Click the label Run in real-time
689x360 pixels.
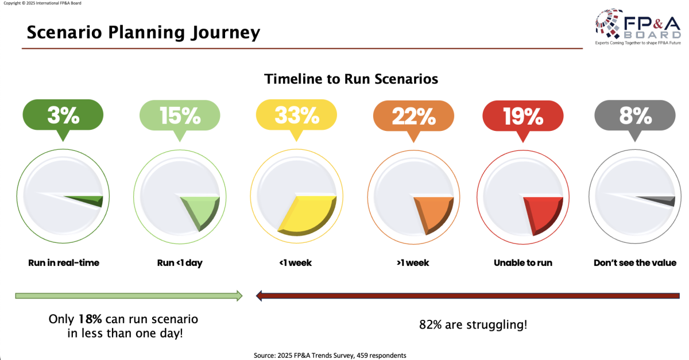(64, 263)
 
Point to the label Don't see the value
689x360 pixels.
(634, 263)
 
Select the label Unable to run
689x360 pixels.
(523, 263)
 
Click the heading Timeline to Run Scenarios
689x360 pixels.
(351, 79)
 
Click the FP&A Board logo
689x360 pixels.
(638, 26)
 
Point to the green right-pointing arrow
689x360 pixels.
(129, 296)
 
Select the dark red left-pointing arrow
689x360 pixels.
(467, 296)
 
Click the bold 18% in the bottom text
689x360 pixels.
(87, 318)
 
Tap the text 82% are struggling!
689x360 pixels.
(473, 324)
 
